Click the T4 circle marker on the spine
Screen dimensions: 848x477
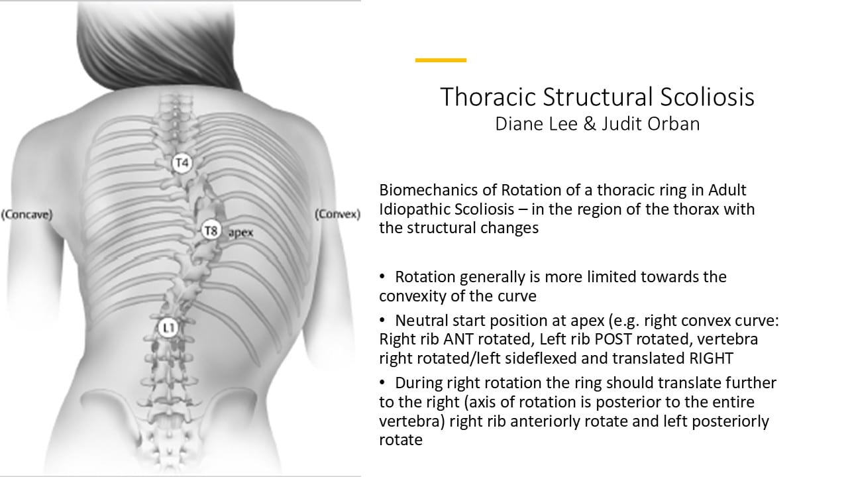click(x=182, y=163)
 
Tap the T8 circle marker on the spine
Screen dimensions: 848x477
click(x=211, y=230)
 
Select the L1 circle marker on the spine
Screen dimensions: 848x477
click(x=168, y=328)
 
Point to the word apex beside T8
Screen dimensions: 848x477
click(x=240, y=233)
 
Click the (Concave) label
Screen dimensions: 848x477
click(x=27, y=215)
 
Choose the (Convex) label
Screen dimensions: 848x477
click(x=338, y=214)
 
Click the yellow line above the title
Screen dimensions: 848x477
click(x=441, y=60)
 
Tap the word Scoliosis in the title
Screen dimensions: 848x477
click(x=707, y=97)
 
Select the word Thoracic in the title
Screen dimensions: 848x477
click(x=489, y=97)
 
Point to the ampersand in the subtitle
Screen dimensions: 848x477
click(x=590, y=124)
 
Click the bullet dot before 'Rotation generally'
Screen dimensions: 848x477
click(x=382, y=277)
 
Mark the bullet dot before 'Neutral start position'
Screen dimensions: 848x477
click(x=382, y=320)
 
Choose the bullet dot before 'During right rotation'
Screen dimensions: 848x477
click(x=382, y=383)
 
